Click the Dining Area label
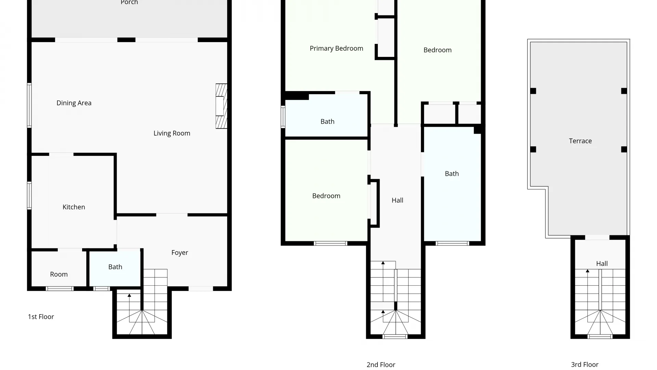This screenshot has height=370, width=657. tap(74, 103)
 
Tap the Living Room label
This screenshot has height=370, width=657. tap(172, 133)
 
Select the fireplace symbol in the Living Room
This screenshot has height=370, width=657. tap(221, 106)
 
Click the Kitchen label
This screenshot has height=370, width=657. tap(74, 207)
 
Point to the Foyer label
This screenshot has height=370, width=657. tap(180, 252)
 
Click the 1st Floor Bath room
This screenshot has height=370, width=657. tap(115, 267)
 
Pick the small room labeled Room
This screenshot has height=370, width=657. tap(59, 274)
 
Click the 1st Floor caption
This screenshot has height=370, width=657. tap(41, 317)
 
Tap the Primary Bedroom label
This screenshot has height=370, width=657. tap(336, 49)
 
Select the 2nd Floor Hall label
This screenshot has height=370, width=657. tap(397, 200)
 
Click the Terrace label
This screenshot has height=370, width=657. tap(580, 141)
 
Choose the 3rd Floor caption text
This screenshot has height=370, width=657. tap(584, 365)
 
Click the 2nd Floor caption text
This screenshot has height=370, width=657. tap(381, 365)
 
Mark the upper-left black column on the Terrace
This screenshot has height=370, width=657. tap(533, 91)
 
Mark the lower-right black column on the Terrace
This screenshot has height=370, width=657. tap(624, 149)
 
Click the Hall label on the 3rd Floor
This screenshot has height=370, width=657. tap(602, 263)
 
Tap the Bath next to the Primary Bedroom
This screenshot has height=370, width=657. tap(327, 122)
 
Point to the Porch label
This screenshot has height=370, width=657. tap(129, 3)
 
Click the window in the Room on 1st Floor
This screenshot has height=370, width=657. tap(60, 289)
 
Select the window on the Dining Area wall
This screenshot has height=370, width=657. tap(29, 106)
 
